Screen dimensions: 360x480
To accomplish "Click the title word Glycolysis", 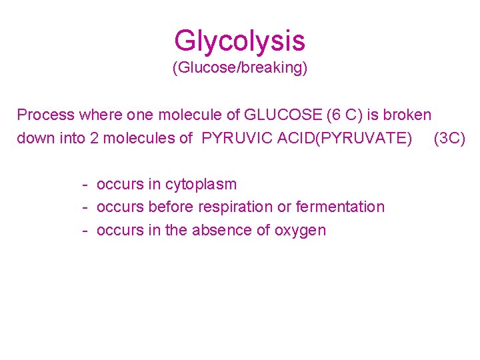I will click(x=239, y=41).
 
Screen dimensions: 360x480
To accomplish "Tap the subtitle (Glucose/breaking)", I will click(x=239, y=68).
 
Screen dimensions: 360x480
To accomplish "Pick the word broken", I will click(x=407, y=115).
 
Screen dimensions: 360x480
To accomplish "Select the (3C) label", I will click(x=449, y=139).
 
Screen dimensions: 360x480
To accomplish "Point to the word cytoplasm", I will click(x=201, y=184).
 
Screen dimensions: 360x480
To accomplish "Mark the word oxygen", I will click(x=300, y=231).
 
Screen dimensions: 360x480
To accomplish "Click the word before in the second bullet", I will click(x=171, y=207).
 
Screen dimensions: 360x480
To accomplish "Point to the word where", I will click(x=95, y=115).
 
